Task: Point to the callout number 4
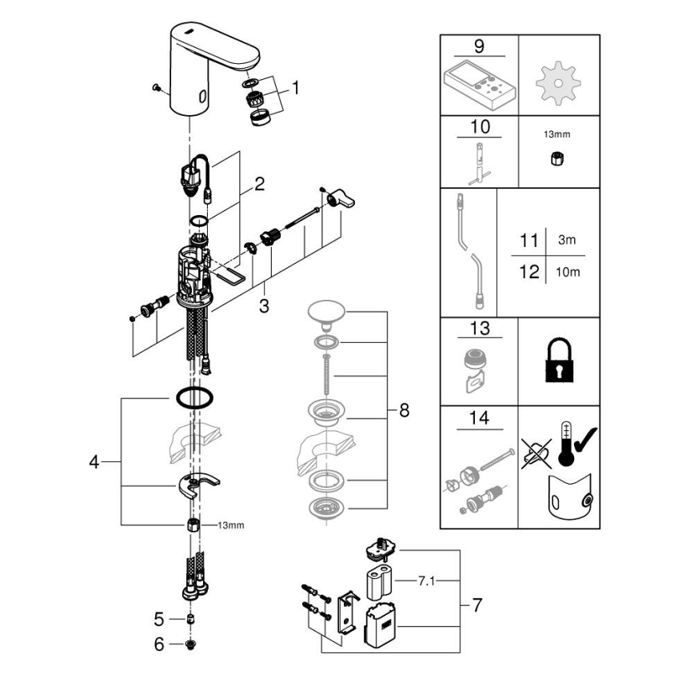(94, 462)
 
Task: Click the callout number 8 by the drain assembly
(404, 411)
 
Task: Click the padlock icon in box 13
(558, 361)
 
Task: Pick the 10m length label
(568, 272)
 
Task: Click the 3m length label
(565, 240)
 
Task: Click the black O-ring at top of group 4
(192, 397)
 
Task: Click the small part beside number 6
(192, 644)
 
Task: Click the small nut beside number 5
(192, 620)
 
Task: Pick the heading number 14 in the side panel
(480, 417)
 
